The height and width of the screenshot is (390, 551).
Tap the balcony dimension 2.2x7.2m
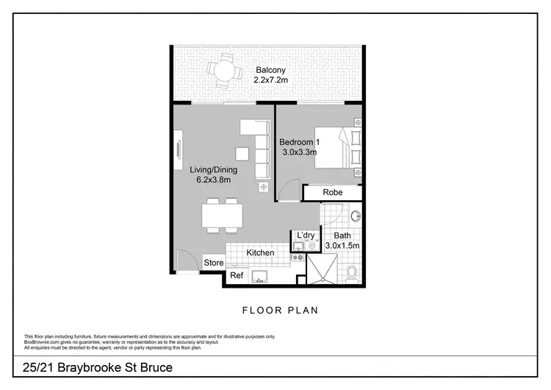270,79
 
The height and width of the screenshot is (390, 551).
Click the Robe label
333,193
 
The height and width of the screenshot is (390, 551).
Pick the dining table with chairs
222,215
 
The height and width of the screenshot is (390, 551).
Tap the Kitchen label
260,252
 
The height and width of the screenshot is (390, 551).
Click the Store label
214,263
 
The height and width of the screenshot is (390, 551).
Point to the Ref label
236,275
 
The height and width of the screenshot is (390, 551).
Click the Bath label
343,235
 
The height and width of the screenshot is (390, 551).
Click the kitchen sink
259,276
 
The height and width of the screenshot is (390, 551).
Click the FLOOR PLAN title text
280,310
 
